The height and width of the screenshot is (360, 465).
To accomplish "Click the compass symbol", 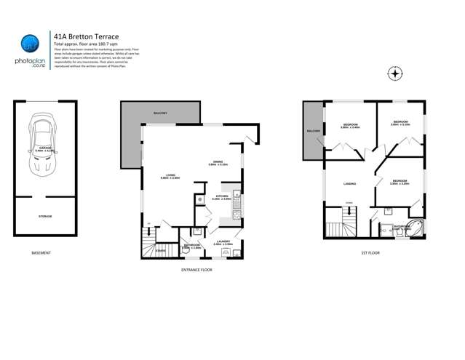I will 395,73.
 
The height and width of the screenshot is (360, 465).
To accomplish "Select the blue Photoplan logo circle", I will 30,44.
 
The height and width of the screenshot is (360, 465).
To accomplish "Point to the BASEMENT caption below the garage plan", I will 41,253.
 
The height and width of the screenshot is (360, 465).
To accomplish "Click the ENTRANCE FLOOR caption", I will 196,270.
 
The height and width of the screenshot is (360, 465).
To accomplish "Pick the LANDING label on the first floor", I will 349,183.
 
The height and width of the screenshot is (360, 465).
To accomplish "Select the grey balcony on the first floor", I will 312,132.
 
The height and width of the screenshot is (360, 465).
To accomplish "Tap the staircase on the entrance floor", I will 150,242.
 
